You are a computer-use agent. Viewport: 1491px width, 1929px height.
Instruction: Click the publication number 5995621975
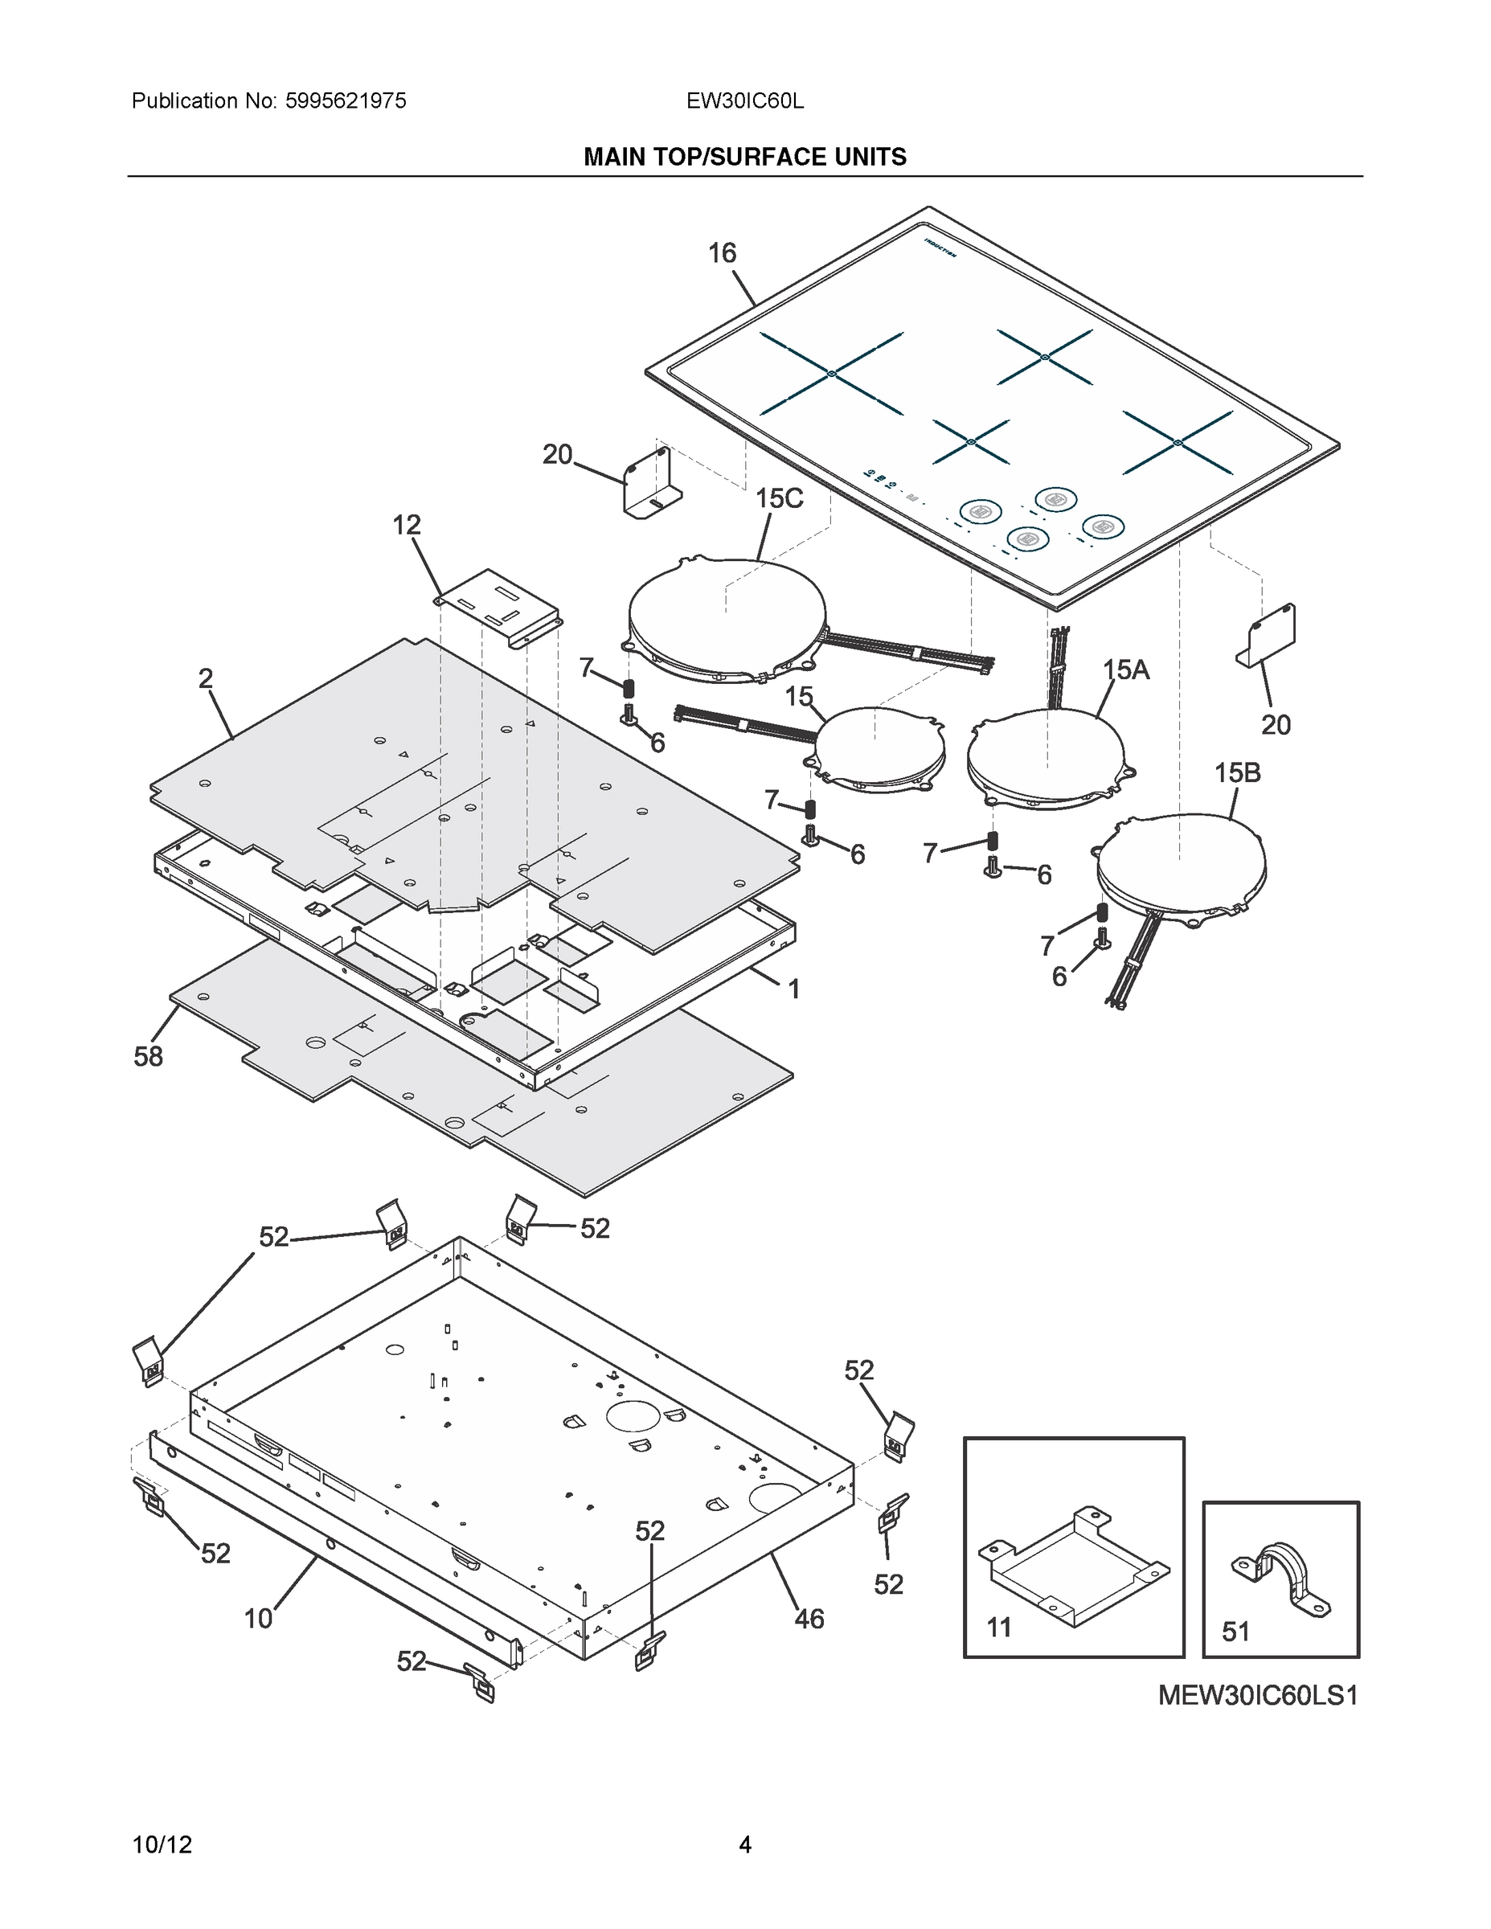point(346,100)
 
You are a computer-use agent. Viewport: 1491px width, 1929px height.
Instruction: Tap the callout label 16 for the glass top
point(722,253)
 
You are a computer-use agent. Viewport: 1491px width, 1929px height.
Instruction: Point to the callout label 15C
point(779,499)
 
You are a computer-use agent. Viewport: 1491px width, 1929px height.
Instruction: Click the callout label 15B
point(1237,773)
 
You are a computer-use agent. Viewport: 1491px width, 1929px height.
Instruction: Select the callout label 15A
point(1125,670)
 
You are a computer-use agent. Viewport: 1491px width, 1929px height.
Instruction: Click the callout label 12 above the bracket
point(407,526)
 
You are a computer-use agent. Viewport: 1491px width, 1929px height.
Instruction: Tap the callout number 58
point(149,1056)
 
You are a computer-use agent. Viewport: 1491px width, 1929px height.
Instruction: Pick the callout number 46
point(809,1619)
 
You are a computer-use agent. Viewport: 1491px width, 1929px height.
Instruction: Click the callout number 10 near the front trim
point(258,1619)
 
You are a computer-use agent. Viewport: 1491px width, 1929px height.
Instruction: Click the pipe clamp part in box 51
point(1280,1579)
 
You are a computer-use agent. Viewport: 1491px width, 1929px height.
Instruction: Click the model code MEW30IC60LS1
point(1257,1696)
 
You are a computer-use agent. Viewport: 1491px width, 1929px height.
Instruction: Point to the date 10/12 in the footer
point(162,1845)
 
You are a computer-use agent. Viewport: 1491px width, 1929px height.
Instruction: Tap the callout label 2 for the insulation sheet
point(205,678)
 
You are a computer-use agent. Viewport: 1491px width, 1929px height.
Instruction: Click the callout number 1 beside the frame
point(793,989)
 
